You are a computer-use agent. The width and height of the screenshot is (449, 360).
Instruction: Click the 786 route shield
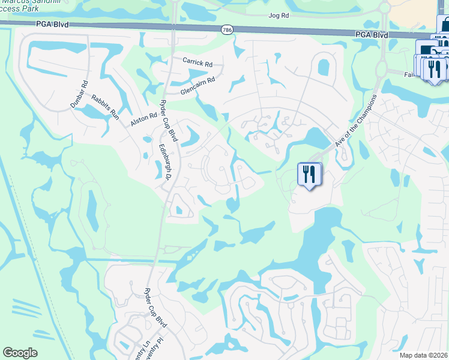[x=226, y=29]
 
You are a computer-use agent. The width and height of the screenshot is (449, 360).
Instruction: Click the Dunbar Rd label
[x=79, y=94]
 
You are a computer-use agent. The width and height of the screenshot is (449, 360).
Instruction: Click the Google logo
[x=20, y=353]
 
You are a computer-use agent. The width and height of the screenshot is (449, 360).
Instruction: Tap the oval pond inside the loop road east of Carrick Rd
[x=324, y=64]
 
